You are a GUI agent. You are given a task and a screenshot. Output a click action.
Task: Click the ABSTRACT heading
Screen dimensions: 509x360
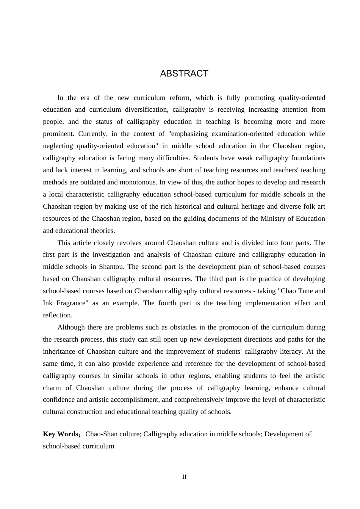point(184,73)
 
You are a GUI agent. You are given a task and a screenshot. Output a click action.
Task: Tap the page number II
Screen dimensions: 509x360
point(184,477)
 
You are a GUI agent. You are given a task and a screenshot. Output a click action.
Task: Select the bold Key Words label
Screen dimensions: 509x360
point(61,434)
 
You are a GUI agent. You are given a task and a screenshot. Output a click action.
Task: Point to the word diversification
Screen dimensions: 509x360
point(144,109)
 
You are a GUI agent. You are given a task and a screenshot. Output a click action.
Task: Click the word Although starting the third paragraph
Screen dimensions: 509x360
point(71,327)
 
